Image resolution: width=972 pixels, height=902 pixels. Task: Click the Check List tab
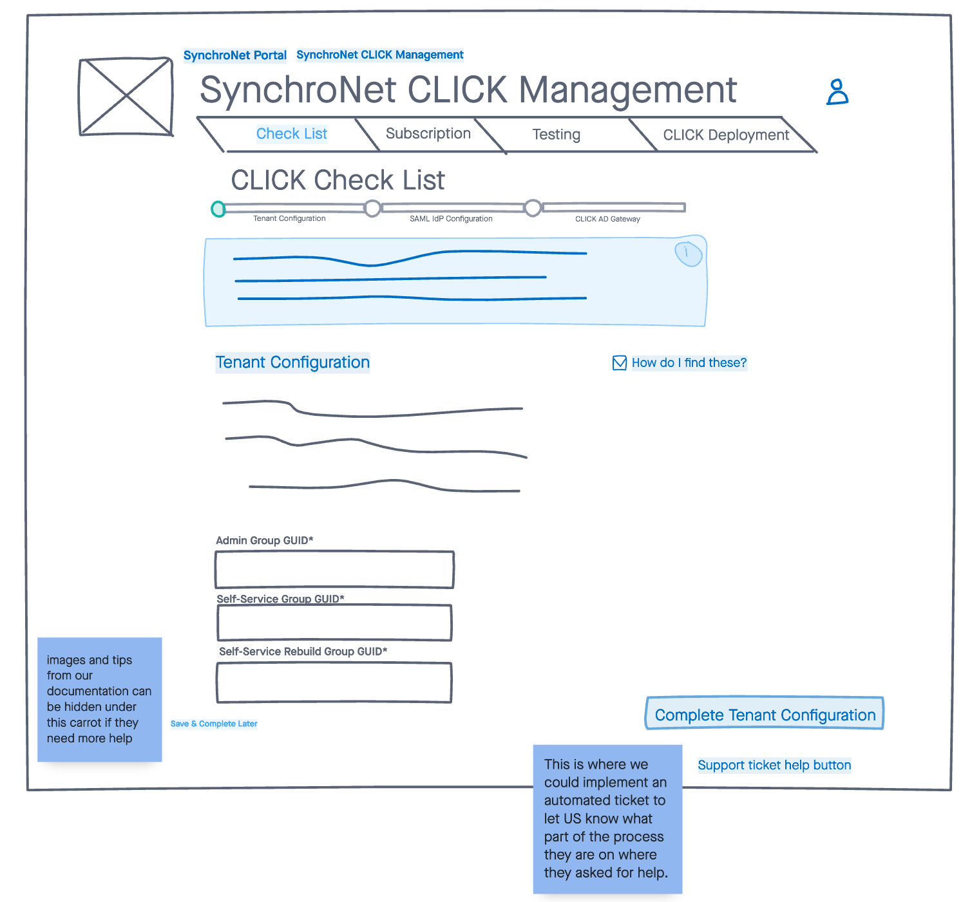[291, 134]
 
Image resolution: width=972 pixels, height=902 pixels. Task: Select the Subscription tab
[428, 134]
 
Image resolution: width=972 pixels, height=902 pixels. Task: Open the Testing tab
[556, 135]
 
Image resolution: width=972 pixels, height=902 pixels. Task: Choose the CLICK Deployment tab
[725, 135]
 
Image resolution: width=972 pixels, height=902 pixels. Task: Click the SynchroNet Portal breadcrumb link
[234, 55]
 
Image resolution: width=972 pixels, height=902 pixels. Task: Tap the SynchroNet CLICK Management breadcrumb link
[379, 55]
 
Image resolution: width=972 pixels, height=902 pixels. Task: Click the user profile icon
[837, 92]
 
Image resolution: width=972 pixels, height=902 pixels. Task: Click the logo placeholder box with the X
[126, 97]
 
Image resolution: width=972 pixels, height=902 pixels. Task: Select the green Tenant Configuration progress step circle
[219, 209]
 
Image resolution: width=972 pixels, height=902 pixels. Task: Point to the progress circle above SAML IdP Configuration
[372, 208]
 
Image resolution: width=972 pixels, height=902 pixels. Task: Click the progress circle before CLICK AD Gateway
[533, 208]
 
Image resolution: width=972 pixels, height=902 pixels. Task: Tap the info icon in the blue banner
[687, 253]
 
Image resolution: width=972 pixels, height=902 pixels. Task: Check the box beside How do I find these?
[620, 363]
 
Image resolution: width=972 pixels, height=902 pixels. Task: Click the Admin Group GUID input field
[334, 570]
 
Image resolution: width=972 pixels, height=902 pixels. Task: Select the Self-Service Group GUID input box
[334, 623]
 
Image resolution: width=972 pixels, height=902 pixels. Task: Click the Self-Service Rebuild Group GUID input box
[334, 682]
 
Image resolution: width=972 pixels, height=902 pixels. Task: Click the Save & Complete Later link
[214, 724]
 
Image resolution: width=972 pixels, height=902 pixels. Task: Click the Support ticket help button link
[774, 765]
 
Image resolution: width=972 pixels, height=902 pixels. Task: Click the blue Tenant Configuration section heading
[292, 362]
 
